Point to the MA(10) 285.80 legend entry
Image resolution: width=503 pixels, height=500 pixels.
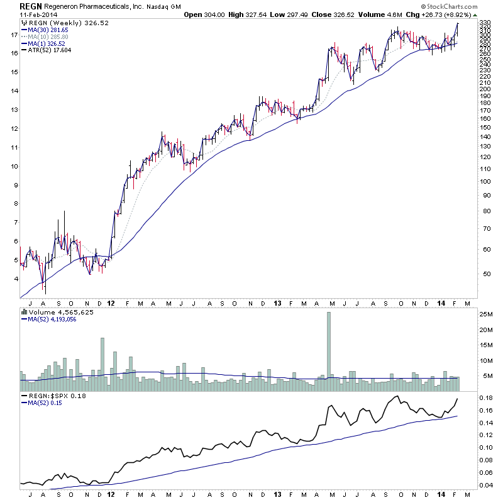[48, 36]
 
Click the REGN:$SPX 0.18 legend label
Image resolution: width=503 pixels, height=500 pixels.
[53, 396]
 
